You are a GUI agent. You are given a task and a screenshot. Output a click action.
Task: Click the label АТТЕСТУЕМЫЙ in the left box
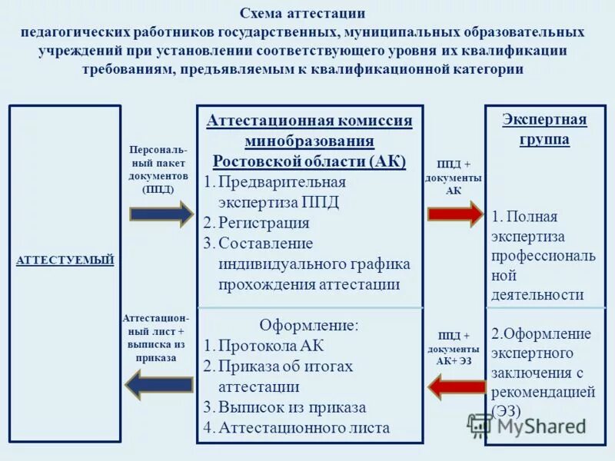pos(65,260)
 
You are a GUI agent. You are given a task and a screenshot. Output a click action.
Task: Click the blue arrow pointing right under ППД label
pos(161,214)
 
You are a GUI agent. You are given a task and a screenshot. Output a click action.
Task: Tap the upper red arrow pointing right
pos(456,214)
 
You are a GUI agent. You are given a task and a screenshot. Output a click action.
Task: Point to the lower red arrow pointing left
pos(456,386)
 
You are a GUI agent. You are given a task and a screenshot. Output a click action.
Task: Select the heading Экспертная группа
pos(544,129)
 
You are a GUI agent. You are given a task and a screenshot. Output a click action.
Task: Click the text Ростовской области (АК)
pos(309,161)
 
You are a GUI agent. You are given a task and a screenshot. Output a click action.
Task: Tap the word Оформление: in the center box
pos(308,324)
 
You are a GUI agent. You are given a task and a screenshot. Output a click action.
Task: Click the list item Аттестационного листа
pos(304,428)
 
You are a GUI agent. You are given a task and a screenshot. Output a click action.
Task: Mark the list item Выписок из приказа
pos(292,407)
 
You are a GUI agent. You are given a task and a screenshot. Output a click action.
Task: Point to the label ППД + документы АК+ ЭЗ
pos(454,347)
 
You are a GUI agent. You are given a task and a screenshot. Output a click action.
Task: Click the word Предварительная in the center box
pos(282,182)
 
